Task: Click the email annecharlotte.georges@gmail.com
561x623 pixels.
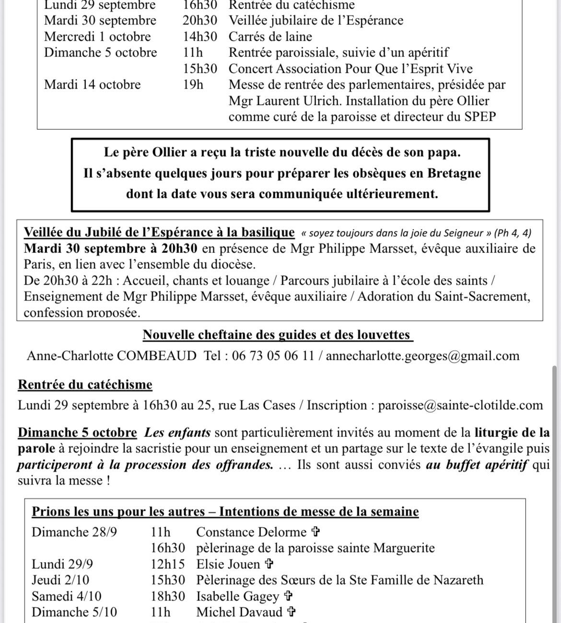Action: coord(422,356)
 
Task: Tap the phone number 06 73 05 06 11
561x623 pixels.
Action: coord(273,356)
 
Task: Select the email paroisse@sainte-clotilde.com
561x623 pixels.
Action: coord(460,405)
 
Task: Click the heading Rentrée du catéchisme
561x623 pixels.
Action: coord(85,385)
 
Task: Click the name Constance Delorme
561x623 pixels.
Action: coord(251,532)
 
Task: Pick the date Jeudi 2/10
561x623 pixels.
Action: coord(60,580)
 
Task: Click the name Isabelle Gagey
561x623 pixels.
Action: coord(237,596)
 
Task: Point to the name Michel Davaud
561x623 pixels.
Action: coord(239,612)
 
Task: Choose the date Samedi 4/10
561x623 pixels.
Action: coord(67,596)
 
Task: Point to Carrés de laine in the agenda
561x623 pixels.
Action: coord(270,37)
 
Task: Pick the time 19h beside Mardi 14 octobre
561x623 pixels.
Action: coord(193,85)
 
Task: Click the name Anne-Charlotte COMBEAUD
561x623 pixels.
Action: coord(112,356)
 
